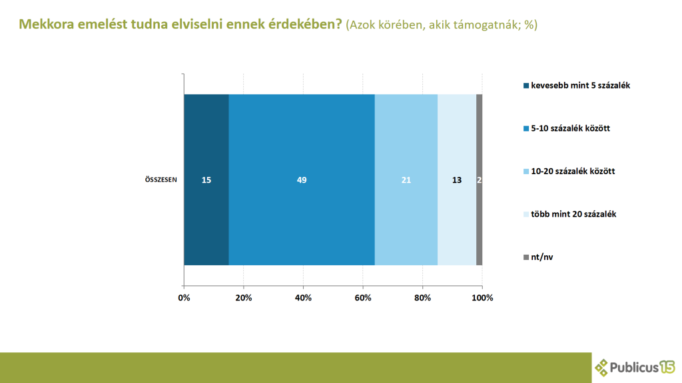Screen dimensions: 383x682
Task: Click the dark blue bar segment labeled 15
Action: click(x=206, y=180)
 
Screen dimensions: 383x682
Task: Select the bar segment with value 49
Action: click(x=302, y=180)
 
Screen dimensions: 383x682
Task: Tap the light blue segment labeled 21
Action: click(x=406, y=180)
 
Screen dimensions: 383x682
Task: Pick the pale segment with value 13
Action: click(x=457, y=180)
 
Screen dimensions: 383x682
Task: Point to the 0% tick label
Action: click(x=184, y=298)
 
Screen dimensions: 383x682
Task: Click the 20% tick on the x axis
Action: click(x=244, y=298)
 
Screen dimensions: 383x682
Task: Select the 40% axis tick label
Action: click(x=303, y=298)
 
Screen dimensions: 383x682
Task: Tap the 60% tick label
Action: click(x=363, y=298)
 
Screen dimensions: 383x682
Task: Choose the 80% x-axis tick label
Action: click(x=422, y=298)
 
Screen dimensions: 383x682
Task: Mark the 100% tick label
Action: click(x=482, y=298)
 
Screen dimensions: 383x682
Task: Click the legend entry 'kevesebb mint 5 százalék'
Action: click(x=575, y=86)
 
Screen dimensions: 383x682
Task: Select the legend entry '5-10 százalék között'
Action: click(x=567, y=128)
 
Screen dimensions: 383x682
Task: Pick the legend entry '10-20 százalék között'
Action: click(x=569, y=171)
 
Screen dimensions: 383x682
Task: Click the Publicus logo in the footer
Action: click(x=634, y=367)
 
